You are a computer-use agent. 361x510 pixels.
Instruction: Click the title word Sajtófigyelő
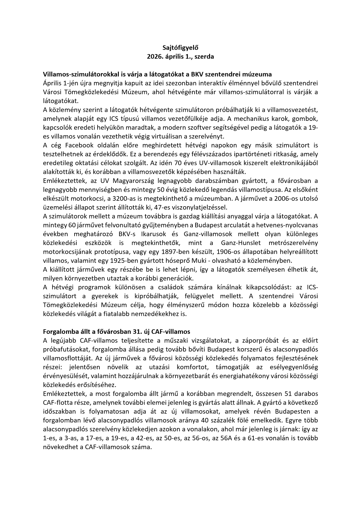[180, 48]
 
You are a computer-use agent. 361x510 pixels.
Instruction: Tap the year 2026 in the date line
[154, 56]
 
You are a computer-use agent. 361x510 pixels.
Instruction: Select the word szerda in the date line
[204, 56]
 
